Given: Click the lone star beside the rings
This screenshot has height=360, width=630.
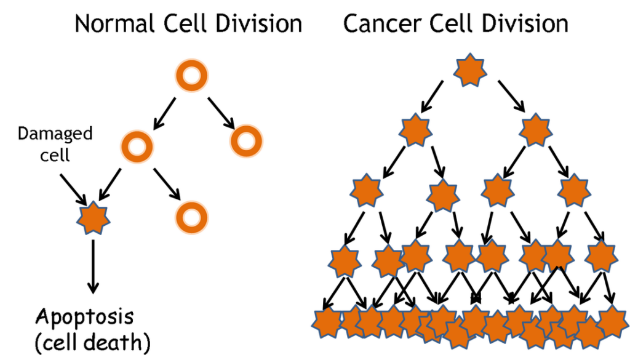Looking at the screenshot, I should pyautogui.click(x=93, y=218).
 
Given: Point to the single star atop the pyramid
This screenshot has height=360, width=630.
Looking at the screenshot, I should pyautogui.click(x=470, y=70).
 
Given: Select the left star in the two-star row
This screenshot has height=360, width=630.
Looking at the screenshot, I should pyautogui.click(x=415, y=130).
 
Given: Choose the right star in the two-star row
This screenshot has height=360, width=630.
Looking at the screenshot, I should pyautogui.click(x=535, y=130).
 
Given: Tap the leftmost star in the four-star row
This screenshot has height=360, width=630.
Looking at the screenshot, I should pyautogui.click(x=367, y=190).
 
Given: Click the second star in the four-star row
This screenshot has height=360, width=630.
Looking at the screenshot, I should pyautogui.click(x=442, y=196).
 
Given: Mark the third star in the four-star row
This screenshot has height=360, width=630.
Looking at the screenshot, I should pyautogui.click(x=497, y=190).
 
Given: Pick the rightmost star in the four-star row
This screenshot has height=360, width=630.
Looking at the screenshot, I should pyautogui.click(x=573, y=190).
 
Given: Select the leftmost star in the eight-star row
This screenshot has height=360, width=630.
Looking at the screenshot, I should pyautogui.click(x=344, y=262).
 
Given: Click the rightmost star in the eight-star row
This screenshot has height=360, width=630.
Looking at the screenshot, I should pyautogui.click(x=601, y=257).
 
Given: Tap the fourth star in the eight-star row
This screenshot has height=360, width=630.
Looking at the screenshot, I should pyautogui.click(x=459, y=256).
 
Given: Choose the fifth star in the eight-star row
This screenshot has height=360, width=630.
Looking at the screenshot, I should pyautogui.click(x=492, y=256).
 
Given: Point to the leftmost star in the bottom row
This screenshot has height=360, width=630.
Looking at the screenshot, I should pyautogui.click(x=327, y=322).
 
